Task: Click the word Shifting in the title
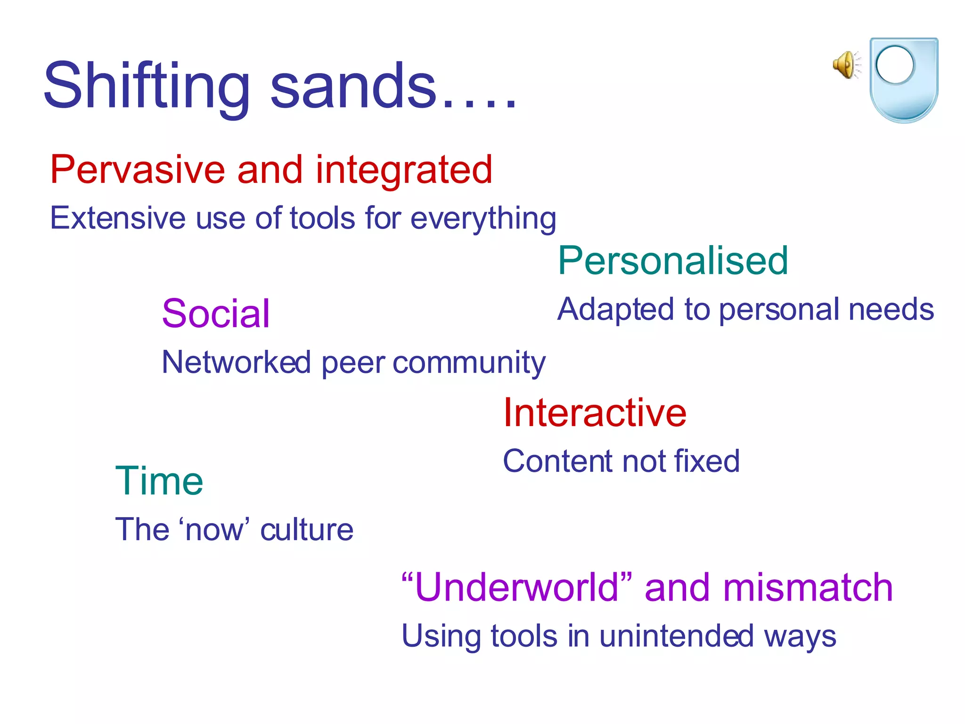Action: pos(146,87)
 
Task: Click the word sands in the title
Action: pos(353,87)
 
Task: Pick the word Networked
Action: pos(236,362)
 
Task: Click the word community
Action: pos(469,363)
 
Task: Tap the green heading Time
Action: pos(159,481)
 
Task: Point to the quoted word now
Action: pos(214,530)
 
